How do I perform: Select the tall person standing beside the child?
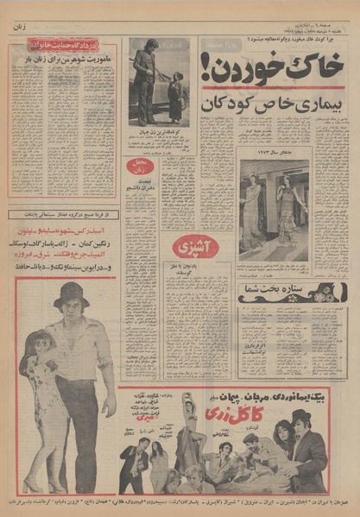pyautogui.click(x=145, y=82)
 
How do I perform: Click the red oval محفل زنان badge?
pyautogui.click(x=139, y=166)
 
